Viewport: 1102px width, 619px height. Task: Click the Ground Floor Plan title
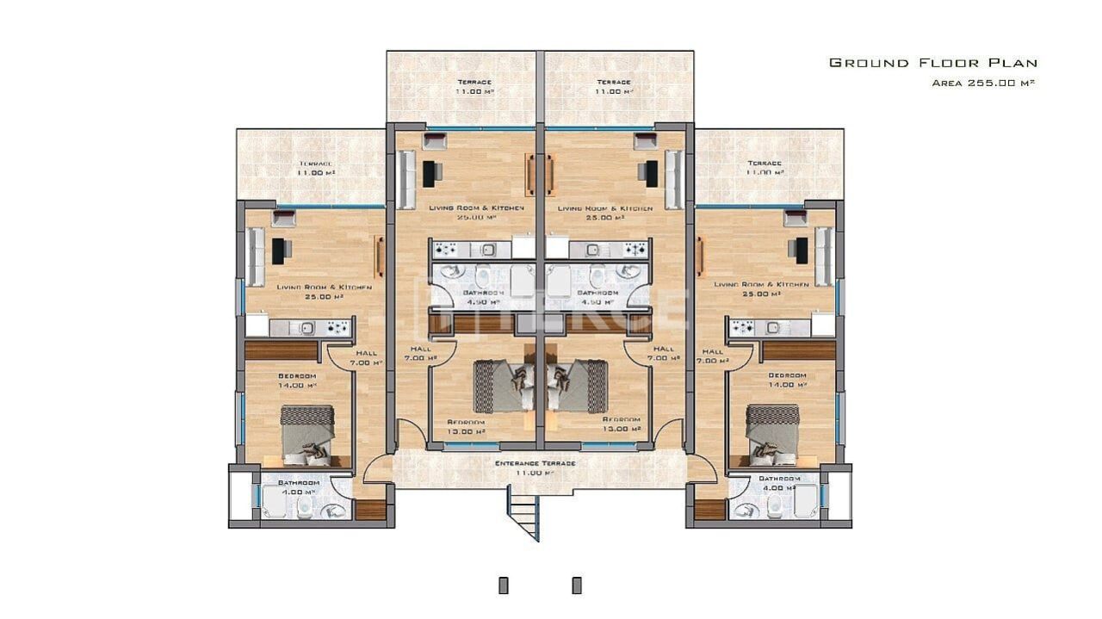(x=932, y=63)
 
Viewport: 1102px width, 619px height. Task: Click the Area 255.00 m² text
(x=982, y=84)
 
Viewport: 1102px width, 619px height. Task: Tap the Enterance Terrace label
(x=535, y=467)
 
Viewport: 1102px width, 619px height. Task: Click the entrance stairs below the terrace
(x=523, y=513)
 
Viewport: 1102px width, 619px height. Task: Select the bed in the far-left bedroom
(x=306, y=435)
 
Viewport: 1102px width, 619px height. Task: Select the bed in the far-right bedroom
(x=772, y=435)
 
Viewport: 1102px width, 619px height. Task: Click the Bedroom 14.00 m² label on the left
(x=297, y=381)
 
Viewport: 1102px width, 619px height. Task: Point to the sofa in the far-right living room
(x=824, y=257)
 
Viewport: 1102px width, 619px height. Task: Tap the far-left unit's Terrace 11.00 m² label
(x=315, y=168)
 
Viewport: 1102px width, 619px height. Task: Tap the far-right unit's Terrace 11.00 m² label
(x=765, y=168)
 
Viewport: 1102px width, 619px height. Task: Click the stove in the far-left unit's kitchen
(x=337, y=327)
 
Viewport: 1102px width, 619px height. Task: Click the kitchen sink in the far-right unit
(x=773, y=327)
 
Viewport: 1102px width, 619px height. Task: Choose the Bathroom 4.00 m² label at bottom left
(x=299, y=486)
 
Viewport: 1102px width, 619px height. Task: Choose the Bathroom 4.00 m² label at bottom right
(x=779, y=482)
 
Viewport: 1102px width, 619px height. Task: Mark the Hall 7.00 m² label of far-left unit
(x=366, y=357)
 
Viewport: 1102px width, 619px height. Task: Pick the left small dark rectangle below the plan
(x=504, y=585)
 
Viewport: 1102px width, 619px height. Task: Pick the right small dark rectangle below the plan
(x=577, y=585)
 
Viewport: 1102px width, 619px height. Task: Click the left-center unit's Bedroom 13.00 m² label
(x=466, y=427)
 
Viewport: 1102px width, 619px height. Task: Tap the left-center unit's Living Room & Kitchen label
(x=464, y=213)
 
